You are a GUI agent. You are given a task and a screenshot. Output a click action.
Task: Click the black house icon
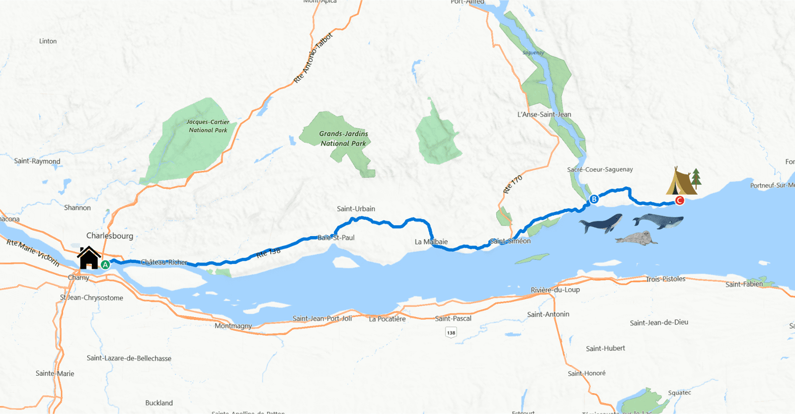89,258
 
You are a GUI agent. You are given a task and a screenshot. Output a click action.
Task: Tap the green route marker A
105,265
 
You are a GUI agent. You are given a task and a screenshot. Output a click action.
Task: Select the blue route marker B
594,199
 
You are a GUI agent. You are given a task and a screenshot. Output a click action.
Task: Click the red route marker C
680,200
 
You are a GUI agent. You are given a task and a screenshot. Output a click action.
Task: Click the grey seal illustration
636,238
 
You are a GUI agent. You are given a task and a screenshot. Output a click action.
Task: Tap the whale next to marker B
601,223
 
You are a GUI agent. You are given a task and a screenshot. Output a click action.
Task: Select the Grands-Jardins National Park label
343,139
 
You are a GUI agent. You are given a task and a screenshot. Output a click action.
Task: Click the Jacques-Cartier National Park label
208,126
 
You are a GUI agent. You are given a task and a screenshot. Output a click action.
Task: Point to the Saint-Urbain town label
356,209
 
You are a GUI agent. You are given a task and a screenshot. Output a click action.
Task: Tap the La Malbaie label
431,242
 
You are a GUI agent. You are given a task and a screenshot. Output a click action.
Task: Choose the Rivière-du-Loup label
555,290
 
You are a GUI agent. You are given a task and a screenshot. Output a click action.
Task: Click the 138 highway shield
451,333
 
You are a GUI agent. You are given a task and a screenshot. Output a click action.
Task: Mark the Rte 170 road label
513,184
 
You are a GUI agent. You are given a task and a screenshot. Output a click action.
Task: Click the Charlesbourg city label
110,236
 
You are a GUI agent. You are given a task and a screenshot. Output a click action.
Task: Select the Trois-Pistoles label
665,279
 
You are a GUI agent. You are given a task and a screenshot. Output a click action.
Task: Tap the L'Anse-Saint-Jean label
544,114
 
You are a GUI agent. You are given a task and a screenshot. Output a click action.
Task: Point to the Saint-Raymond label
37,161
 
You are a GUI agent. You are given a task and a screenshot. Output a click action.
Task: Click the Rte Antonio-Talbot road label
313,58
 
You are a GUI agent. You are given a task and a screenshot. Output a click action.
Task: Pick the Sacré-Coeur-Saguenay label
600,169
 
